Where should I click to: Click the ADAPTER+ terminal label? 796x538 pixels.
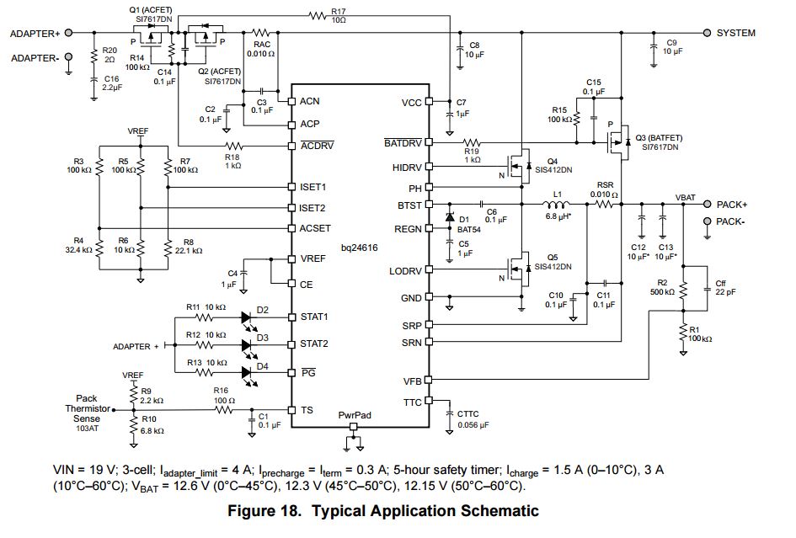pyautogui.click(x=35, y=34)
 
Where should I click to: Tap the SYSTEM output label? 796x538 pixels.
pyautogui.click(x=735, y=33)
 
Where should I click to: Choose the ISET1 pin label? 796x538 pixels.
pyautogui.click(x=313, y=186)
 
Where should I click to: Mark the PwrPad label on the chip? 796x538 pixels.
pyautogui.click(x=354, y=415)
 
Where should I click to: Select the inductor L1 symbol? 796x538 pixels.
pyautogui.click(x=558, y=204)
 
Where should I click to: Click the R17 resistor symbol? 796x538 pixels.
pyautogui.click(x=317, y=15)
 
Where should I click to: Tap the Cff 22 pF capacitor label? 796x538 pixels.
pyautogui.click(x=720, y=288)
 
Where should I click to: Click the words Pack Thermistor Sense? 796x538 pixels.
pyautogui.click(x=87, y=407)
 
